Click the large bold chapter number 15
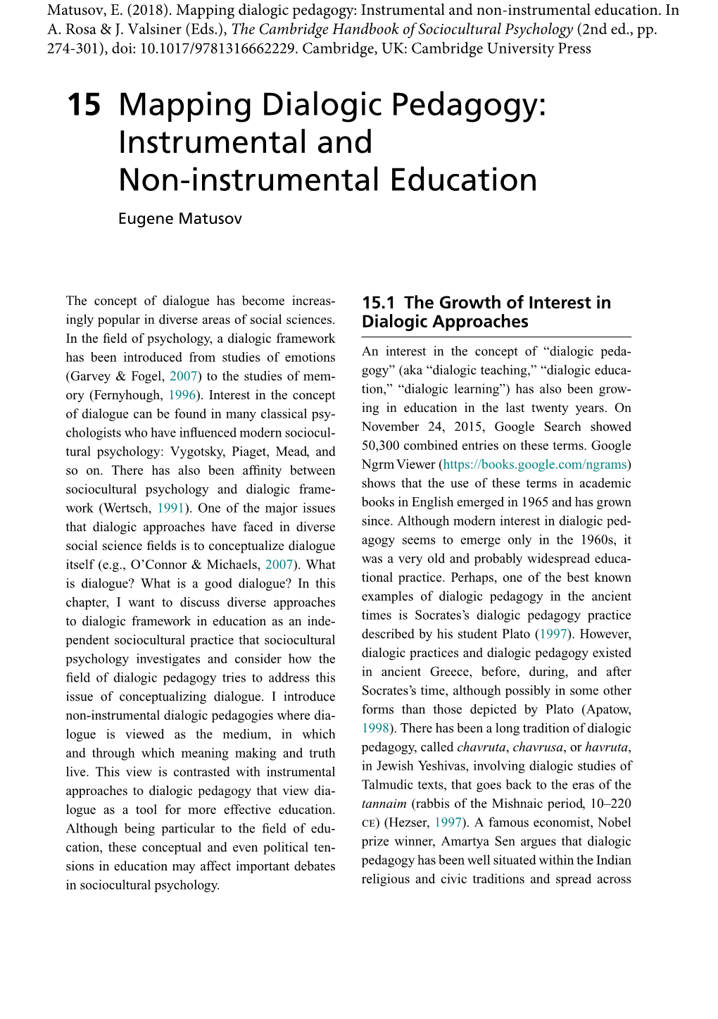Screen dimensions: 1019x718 (84, 106)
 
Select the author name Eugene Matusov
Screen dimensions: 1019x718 (179, 218)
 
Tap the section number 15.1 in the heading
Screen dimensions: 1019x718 (379, 303)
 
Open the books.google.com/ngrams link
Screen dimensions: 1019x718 (535, 465)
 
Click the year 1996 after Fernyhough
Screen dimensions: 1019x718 (182, 395)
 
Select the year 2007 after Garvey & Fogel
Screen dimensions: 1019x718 (183, 376)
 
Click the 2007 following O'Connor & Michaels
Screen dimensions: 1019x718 (279, 565)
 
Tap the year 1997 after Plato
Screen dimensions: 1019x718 (553, 634)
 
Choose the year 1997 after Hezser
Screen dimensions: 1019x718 (448, 823)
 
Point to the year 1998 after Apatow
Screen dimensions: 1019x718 (375, 728)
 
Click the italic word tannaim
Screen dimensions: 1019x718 (384, 804)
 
